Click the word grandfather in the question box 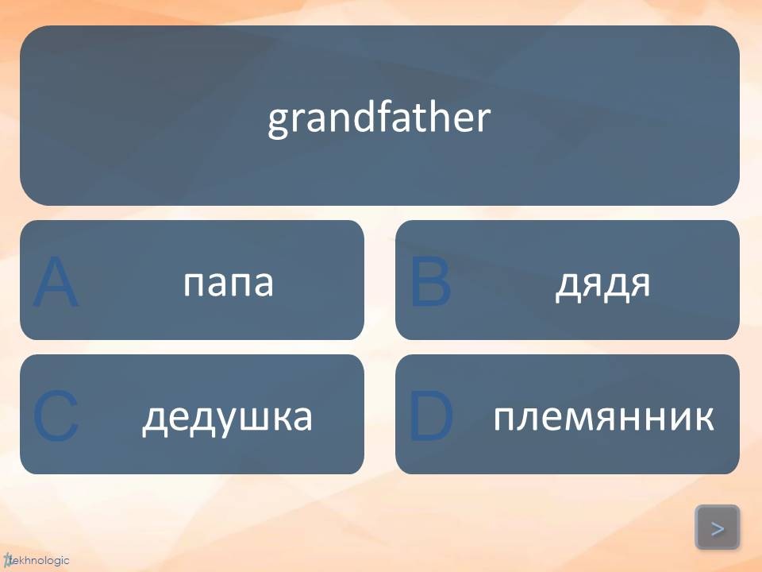[379, 118]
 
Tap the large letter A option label [55, 282]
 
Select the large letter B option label [430, 282]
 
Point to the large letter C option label [56, 416]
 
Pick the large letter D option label [431, 416]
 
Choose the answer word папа [229, 283]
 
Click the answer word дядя [602, 284]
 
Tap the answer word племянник [603, 417]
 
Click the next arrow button [718, 528]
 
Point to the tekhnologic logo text [37, 561]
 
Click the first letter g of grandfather [279, 125]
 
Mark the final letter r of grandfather [483, 120]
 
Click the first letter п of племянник [505, 418]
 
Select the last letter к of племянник [704, 418]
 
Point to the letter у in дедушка [233, 422]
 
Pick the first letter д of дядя [567, 286]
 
